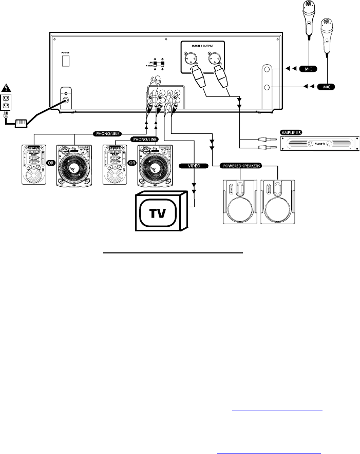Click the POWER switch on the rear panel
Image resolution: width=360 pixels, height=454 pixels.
tap(65, 61)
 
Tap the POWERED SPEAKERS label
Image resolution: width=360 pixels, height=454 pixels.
tap(242, 166)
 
